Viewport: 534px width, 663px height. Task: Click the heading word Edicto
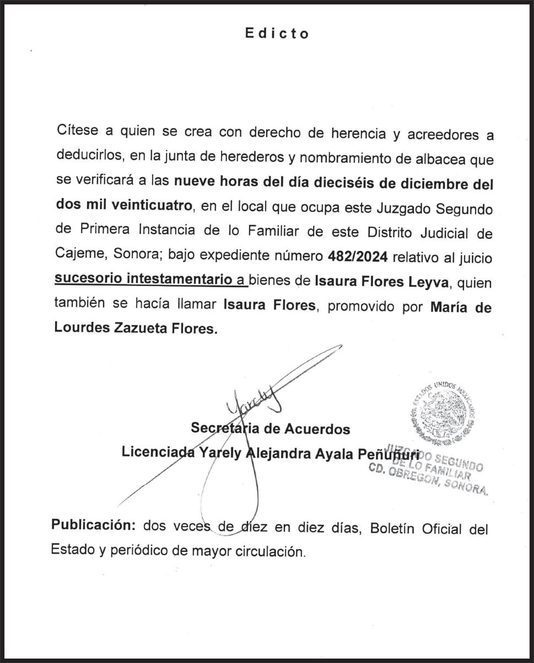[x=277, y=34]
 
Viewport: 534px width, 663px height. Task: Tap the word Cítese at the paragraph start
[x=77, y=131]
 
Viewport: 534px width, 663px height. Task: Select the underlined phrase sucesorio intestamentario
[x=143, y=279]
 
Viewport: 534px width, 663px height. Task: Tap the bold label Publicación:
[x=94, y=524]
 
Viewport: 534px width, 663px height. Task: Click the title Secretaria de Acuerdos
[x=270, y=428]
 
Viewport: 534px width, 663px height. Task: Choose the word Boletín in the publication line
[x=393, y=529]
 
